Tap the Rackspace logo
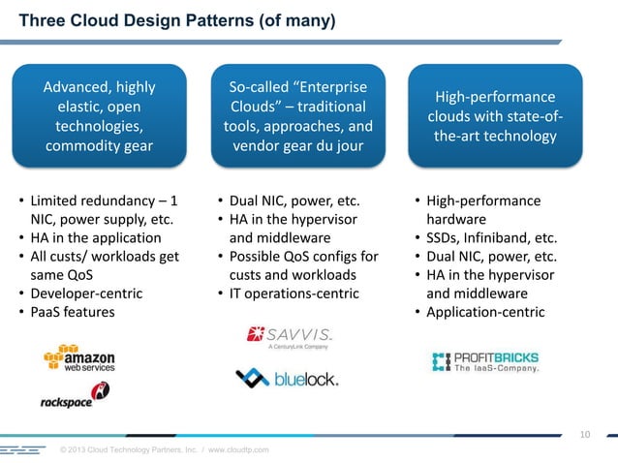tap(75, 395)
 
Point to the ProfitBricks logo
tap(485, 361)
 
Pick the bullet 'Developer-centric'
tap(86, 293)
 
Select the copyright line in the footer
tap(165, 450)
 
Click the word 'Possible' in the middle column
tap(256, 257)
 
